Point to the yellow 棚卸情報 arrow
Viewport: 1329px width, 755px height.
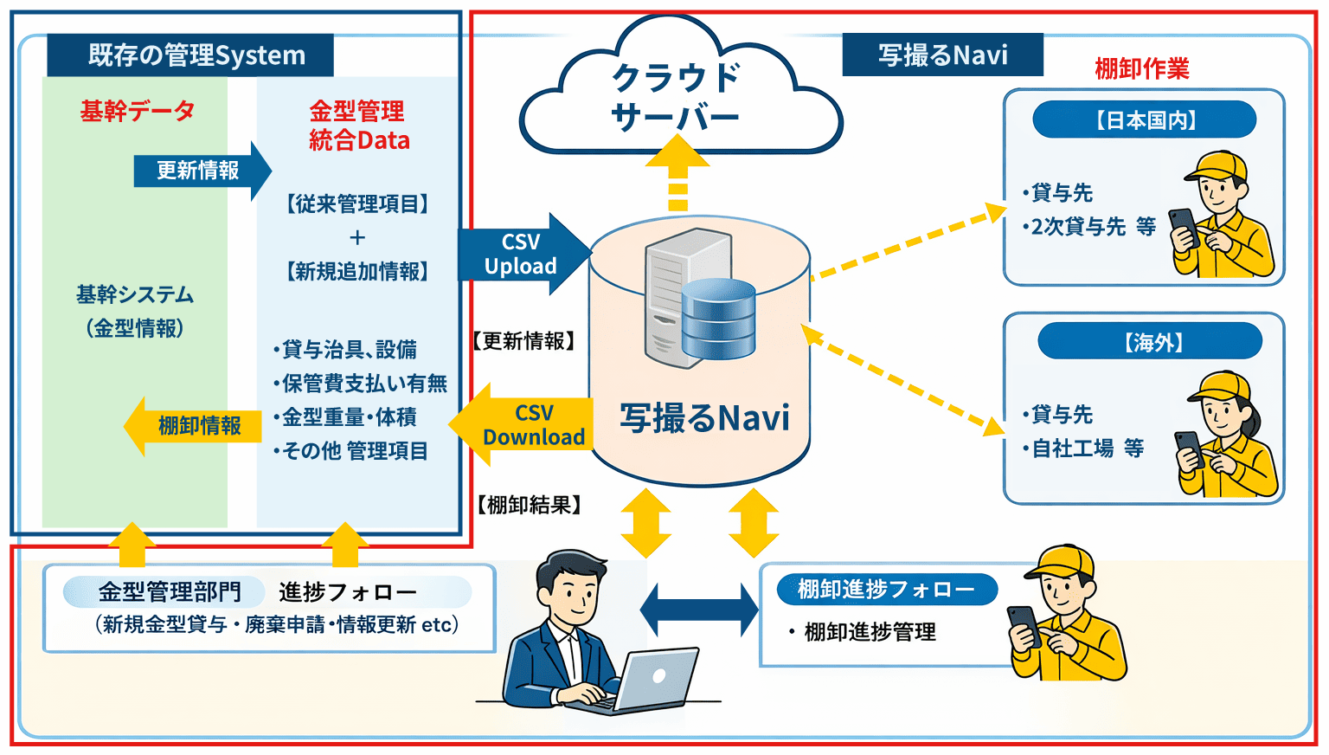coord(194,426)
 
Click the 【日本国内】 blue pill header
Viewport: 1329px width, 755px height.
coord(1144,119)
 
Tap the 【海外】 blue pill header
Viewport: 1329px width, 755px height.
coord(1150,342)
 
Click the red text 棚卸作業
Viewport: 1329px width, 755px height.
coord(1141,68)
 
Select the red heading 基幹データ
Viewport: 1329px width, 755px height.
coord(137,111)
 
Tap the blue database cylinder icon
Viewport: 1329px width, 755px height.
coord(718,319)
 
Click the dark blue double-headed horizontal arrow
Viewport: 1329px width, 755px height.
coord(699,610)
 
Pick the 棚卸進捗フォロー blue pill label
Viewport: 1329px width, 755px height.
coord(886,590)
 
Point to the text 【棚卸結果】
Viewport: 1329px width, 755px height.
coord(529,505)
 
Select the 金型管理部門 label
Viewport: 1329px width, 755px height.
coord(168,592)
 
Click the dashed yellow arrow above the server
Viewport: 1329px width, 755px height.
coord(677,173)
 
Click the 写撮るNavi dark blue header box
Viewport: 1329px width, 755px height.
coord(942,55)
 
